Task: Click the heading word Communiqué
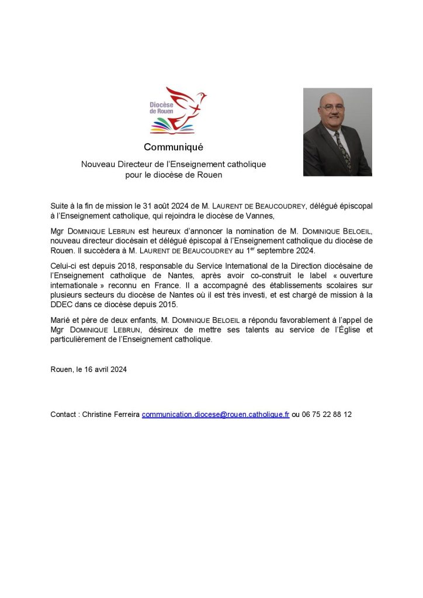pyautogui.click(x=174, y=147)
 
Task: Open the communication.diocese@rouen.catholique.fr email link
pyautogui.click(x=216, y=414)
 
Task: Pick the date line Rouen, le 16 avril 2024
pyautogui.click(x=89, y=370)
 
